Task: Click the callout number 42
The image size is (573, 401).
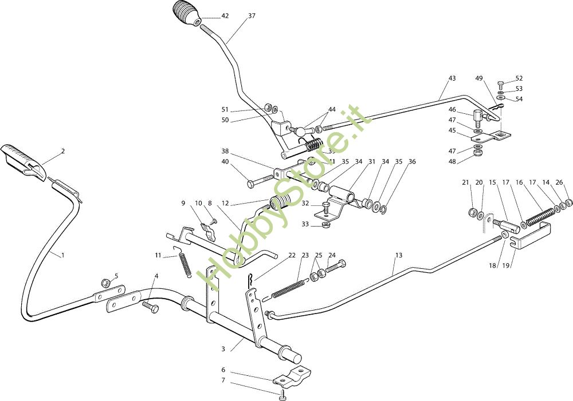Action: [225, 16]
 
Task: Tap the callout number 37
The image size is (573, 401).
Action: [252, 16]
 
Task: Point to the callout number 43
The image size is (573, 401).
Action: [452, 78]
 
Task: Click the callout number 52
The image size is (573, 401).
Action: [519, 78]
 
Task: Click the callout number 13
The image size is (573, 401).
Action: [399, 255]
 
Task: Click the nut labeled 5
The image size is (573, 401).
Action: [106, 283]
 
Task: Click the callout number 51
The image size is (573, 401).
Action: [225, 109]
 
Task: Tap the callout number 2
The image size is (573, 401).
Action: [63, 151]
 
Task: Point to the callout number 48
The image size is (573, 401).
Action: [452, 161]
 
